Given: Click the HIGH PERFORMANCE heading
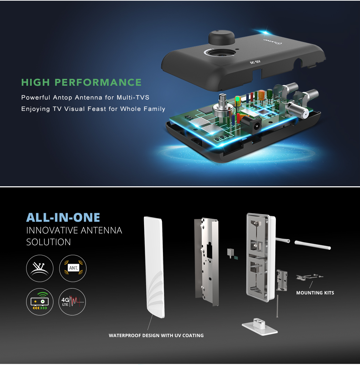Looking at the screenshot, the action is click(81, 82).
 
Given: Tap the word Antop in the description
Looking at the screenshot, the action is click(62, 97).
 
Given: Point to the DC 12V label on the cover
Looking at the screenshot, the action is click(255, 62).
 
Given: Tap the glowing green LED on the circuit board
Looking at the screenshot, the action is click(237, 99).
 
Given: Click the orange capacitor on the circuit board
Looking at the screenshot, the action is click(261, 95).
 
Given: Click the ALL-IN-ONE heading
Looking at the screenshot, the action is click(63, 217).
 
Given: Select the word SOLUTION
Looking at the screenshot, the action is click(49, 242).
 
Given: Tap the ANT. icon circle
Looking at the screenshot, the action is click(73, 268).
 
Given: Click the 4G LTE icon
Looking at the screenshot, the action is click(72, 302).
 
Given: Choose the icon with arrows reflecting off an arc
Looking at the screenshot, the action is click(40, 268).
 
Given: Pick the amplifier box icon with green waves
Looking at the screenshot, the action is click(40, 302).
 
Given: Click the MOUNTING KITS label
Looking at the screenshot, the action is click(315, 293).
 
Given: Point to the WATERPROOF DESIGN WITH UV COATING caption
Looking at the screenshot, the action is click(156, 335).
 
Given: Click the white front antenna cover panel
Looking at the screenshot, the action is click(154, 267).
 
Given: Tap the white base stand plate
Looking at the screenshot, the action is click(260, 326).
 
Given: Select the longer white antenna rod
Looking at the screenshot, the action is click(313, 245).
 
